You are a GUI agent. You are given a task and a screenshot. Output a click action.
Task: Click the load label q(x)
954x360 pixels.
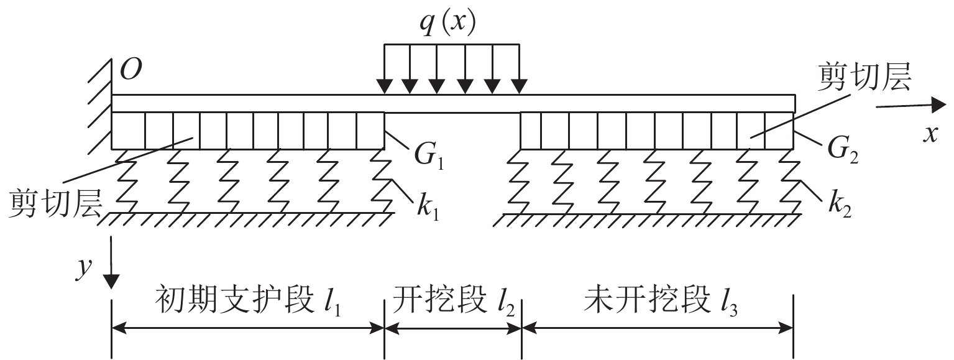click(447, 24)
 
